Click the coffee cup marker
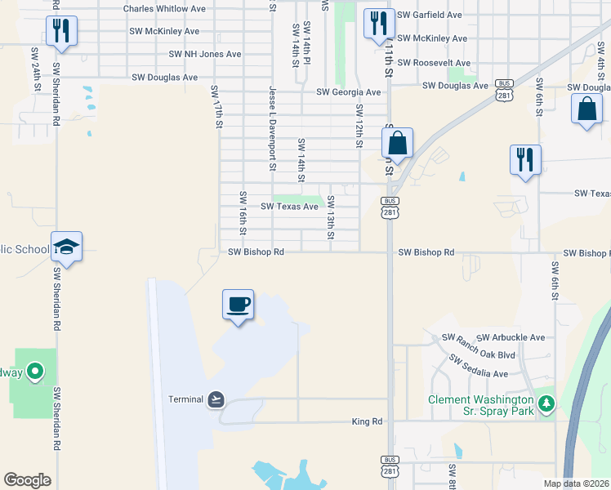pyautogui.click(x=238, y=305)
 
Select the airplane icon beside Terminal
pyautogui.click(x=216, y=399)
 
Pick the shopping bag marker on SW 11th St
pyautogui.click(x=397, y=143)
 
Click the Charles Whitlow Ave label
pyautogui.click(x=164, y=9)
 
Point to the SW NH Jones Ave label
pyautogui.click(x=205, y=54)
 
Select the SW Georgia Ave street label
pyautogui.click(x=343, y=92)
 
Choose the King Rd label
pyautogui.click(x=367, y=421)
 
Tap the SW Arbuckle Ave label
pyautogui.click(x=511, y=337)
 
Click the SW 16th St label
pyautogui.click(x=243, y=211)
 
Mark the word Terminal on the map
pyautogui.click(x=185, y=399)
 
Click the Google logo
pyautogui.click(x=27, y=480)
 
